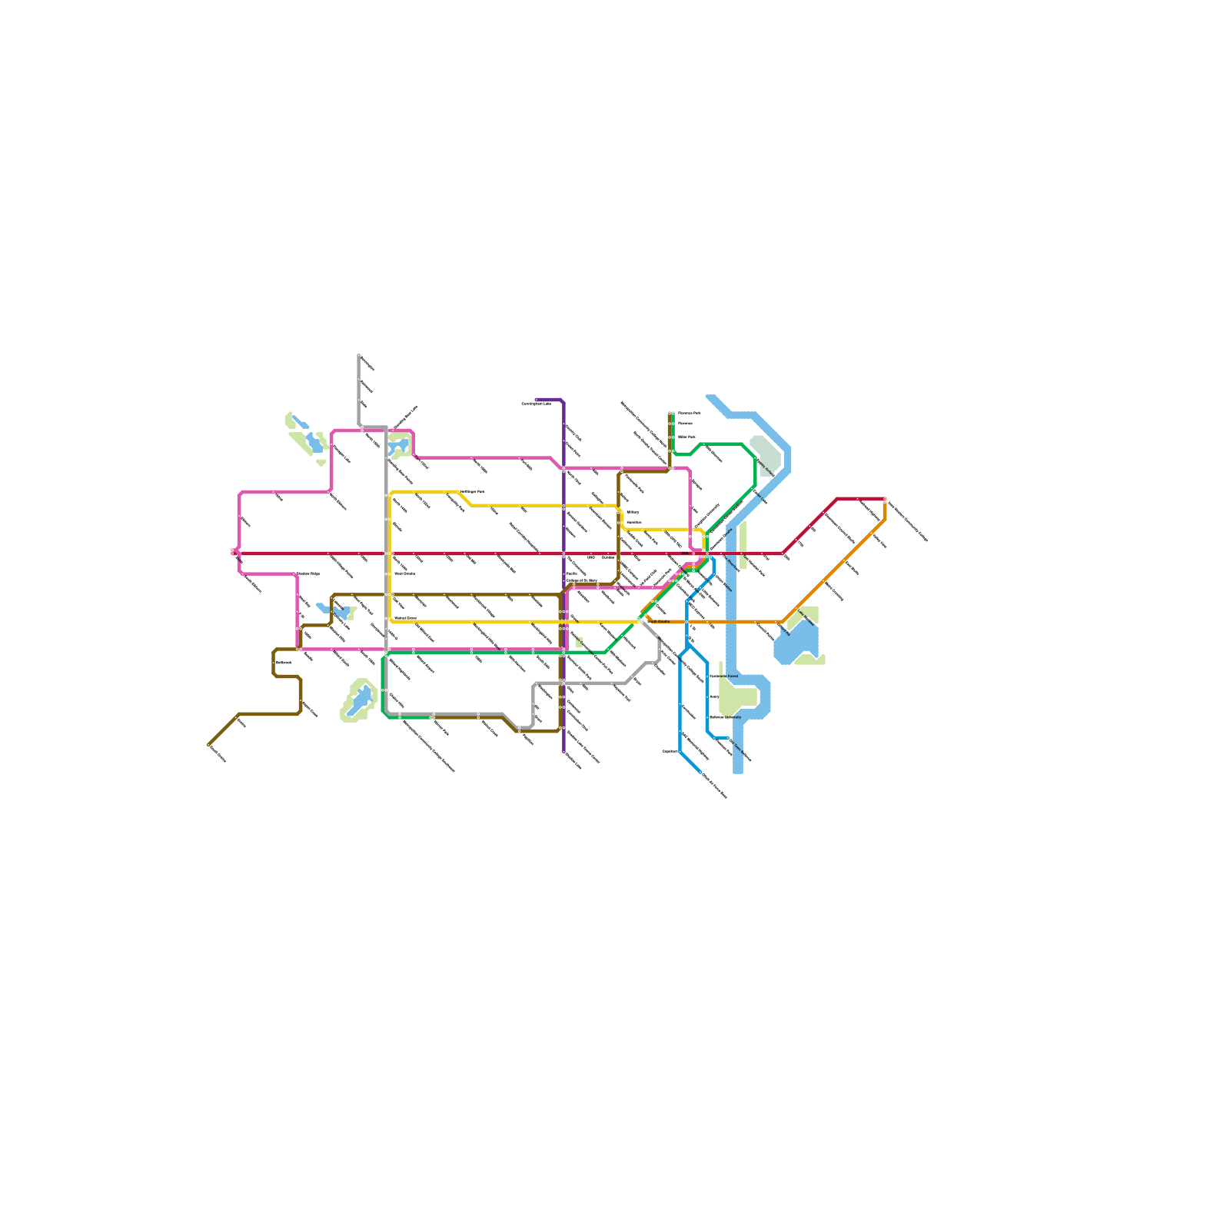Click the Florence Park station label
tap(689, 413)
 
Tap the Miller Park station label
tap(686, 437)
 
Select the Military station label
tap(633, 512)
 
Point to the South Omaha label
tap(659, 621)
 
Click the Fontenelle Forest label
tap(723, 676)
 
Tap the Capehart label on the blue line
tap(669, 751)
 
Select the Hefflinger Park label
tap(473, 491)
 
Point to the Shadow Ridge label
tap(307, 573)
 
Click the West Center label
tap(404, 573)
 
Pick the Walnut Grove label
tap(405, 618)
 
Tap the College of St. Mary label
tap(581, 580)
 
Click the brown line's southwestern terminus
tap(209, 744)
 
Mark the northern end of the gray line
tap(359, 355)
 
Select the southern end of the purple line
tap(564, 751)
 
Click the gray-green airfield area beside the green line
tap(766, 454)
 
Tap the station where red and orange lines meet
tap(885, 500)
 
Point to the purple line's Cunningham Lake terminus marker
tap(537, 400)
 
